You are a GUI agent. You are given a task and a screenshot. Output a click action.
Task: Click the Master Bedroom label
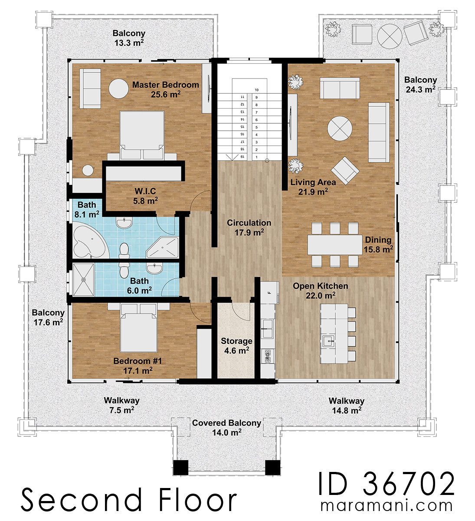point(165,89)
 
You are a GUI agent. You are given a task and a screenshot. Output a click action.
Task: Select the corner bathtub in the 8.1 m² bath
point(89,241)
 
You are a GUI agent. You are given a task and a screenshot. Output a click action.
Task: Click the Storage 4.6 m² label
point(236,346)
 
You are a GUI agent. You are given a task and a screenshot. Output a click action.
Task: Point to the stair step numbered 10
point(257,90)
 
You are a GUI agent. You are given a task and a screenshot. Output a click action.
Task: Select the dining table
point(334,245)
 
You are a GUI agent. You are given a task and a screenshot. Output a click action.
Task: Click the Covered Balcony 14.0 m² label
point(226,427)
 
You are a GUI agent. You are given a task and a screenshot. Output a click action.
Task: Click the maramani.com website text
point(386,506)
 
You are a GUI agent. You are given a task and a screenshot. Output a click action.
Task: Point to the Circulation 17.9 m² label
point(249,227)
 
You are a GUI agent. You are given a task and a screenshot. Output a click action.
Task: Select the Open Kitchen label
point(320,290)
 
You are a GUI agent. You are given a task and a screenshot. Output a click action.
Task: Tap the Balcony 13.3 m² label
point(129,37)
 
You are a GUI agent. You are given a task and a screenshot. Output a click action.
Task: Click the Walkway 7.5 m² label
point(121,405)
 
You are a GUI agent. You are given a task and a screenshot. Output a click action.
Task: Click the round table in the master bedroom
point(118,89)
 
